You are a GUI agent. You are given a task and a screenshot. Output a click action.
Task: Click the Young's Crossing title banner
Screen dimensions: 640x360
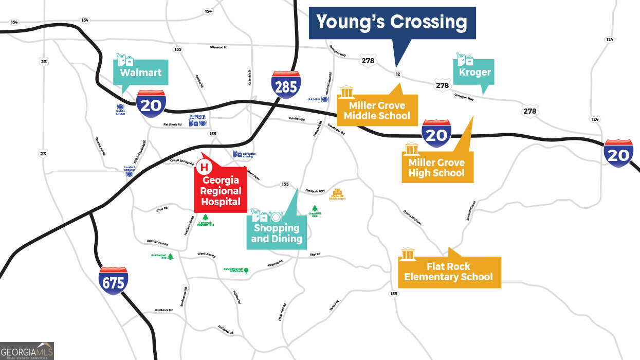coord(392,23)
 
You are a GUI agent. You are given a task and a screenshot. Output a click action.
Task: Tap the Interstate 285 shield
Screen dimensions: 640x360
coord(286,85)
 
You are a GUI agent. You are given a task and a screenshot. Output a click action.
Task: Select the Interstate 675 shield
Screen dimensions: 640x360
coord(113,280)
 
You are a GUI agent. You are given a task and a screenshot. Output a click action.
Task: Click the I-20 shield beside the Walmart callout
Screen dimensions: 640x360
coord(151,103)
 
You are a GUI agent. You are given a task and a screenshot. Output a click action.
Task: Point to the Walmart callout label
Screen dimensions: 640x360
coord(140,73)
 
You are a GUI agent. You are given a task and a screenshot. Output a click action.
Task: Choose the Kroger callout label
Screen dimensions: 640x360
coord(474,72)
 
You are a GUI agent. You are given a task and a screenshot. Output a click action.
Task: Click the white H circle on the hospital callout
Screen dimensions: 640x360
coord(204,167)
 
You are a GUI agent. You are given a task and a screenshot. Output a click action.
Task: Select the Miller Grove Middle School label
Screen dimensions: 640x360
coord(377,111)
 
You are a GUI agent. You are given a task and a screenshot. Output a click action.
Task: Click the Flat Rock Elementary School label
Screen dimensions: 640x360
coord(448,272)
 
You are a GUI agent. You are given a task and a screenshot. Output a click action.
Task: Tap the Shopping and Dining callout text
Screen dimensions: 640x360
coord(276,233)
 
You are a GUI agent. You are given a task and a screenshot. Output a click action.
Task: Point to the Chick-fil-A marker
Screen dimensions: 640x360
coord(324,99)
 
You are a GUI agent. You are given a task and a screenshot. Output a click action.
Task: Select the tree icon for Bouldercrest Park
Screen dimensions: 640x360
coord(171,256)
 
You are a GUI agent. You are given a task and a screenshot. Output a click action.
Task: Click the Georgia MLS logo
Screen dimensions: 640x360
coord(27,350)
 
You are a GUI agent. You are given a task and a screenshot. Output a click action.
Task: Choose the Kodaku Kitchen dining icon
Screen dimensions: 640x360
coord(121,107)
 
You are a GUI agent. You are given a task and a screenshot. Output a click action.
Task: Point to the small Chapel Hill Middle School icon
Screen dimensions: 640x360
coord(338,191)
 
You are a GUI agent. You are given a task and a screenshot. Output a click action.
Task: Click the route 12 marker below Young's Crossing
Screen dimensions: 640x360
coord(397,74)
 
